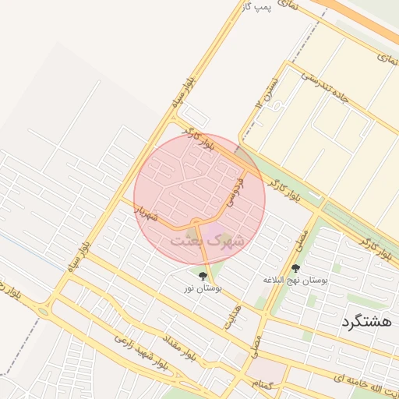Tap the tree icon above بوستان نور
[x=203, y=276]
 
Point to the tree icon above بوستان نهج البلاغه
[x=295, y=268]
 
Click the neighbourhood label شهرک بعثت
[x=207, y=241]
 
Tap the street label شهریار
[x=146, y=212]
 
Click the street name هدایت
[x=232, y=316]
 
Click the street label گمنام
[x=263, y=384]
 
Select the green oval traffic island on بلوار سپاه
[x=43, y=312]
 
